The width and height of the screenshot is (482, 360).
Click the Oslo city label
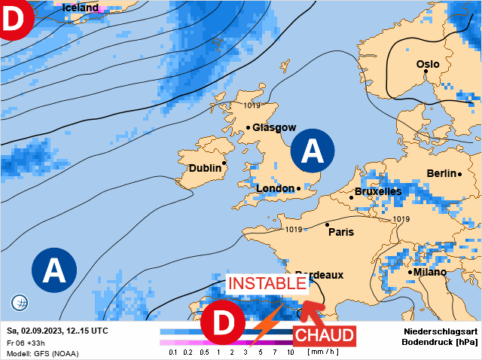click(x=428, y=64)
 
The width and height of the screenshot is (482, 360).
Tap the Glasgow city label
click(x=274, y=128)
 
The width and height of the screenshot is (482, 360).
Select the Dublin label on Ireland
click(x=204, y=168)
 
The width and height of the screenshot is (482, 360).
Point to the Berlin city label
click(x=441, y=173)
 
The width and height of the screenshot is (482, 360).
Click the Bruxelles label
click(x=377, y=192)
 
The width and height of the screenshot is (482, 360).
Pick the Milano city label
click(x=429, y=271)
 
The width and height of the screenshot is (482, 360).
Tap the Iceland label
click(x=80, y=8)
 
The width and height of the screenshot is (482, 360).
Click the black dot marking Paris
click(x=327, y=224)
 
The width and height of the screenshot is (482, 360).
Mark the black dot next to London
click(x=298, y=188)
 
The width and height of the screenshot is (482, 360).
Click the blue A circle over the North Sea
click(x=313, y=152)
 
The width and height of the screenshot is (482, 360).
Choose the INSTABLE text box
click(x=268, y=284)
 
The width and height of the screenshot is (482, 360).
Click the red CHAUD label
click(x=323, y=334)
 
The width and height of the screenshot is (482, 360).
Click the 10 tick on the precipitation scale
click(x=290, y=352)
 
